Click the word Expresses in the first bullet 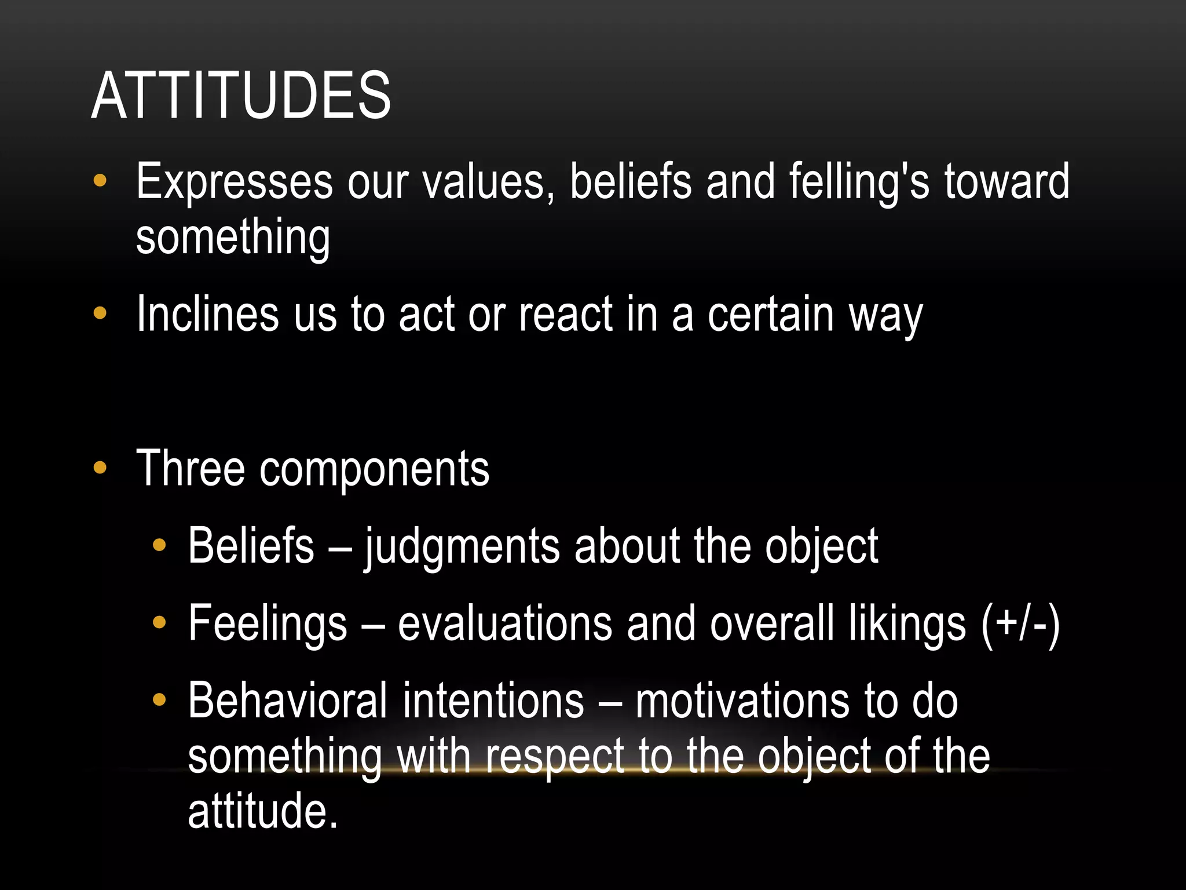click(x=234, y=182)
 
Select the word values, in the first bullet click(x=488, y=182)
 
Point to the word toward click(x=1007, y=182)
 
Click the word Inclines click(x=207, y=314)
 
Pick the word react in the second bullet click(x=565, y=314)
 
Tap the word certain click(x=770, y=314)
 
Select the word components click(x=374, y=469)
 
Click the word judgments click(x=462, y=547)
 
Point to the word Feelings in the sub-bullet click(x=268, y=625)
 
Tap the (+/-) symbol click(x=1020, y=625)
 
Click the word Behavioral click(x=287, y=701)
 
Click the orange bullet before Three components click(x=100, y=468)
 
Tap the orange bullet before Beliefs click(x=159, y=545)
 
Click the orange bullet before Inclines click(x=100, y=313)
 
